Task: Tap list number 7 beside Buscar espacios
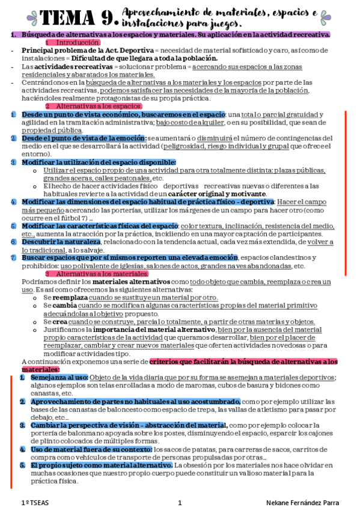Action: click(x=13, y=257)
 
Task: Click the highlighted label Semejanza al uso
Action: click(x=55, y=377)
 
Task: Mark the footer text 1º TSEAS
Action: click(x=35, y=503)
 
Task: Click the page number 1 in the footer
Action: click(x=179, y=503)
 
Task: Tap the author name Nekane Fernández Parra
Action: click(x=302, y=503)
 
